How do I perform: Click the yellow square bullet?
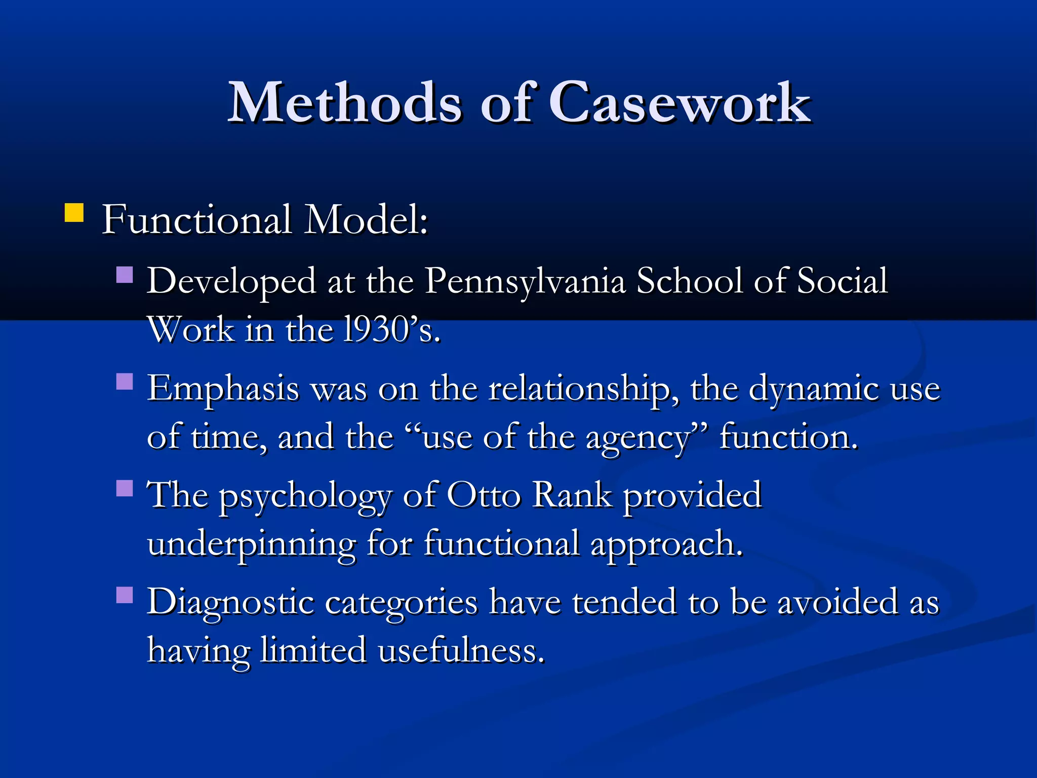pyautogui.click(x=74, y=213)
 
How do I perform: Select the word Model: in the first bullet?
pyautogui.click(x=366, y=220)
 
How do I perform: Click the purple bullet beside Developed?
pyautogui.click(x=125, y=275)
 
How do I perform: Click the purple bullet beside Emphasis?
pyautogui.click(x=125, y=381)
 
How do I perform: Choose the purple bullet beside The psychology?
pyautogui.click(x=125, y=488)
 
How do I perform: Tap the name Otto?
pyautogui.click(x=483, y=495)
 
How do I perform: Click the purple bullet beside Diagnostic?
pyautogui.click(x=125, y=595)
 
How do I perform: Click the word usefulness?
pyautogui.click(x=461, y=650)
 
